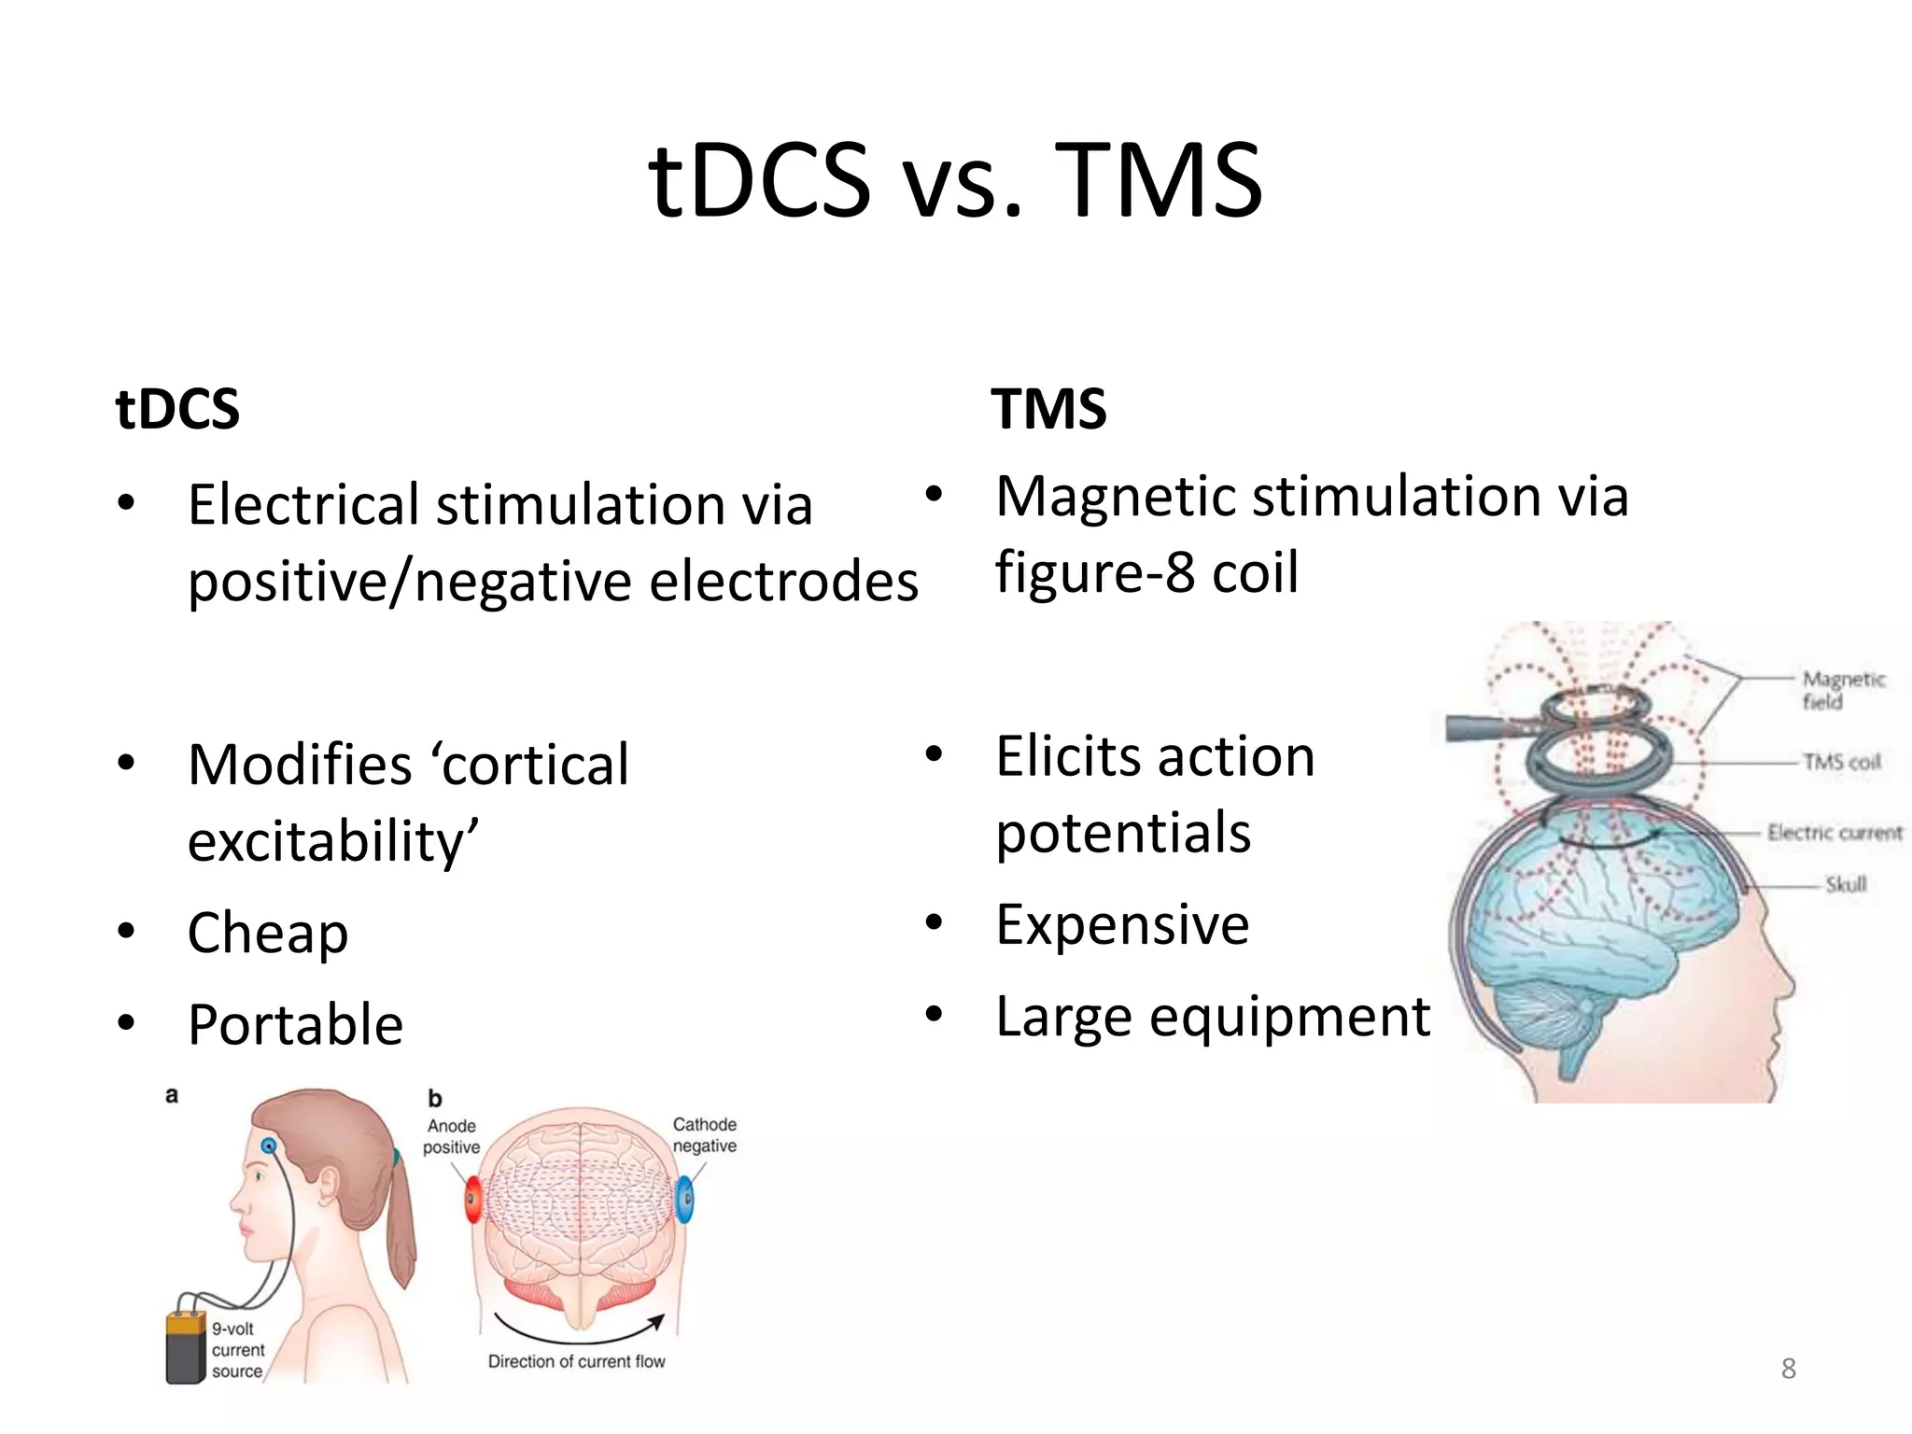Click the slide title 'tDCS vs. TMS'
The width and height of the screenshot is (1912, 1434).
pos(955,180)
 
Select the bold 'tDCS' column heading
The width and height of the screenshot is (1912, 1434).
pos(177,409)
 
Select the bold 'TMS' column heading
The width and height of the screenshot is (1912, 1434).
pos(1048,409)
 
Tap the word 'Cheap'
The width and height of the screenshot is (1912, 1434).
pos(268,933)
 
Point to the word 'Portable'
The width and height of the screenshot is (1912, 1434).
pos(295,1024)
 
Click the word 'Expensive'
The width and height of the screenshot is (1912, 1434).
pos(1122,924)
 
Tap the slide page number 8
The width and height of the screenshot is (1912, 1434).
pos(1788,1369)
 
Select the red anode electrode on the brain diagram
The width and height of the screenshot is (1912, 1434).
pos(473,1199)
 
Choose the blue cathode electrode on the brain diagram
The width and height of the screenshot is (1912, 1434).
pos(684,1199)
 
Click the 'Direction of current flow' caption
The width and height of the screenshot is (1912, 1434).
pos(576,1361)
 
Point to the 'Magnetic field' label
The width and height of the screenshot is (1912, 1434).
pos(1842,690)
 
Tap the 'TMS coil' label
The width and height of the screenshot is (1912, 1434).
pos(1841,762)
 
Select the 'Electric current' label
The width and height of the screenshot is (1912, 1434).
pos(1834,832)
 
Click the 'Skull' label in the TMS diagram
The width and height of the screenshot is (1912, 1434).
pos(1845,883)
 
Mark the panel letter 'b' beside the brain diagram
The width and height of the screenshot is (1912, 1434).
pos(434,1099)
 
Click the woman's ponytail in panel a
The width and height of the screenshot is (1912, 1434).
pos(401,1223)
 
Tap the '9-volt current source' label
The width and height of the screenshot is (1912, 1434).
pos(237,1350)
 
